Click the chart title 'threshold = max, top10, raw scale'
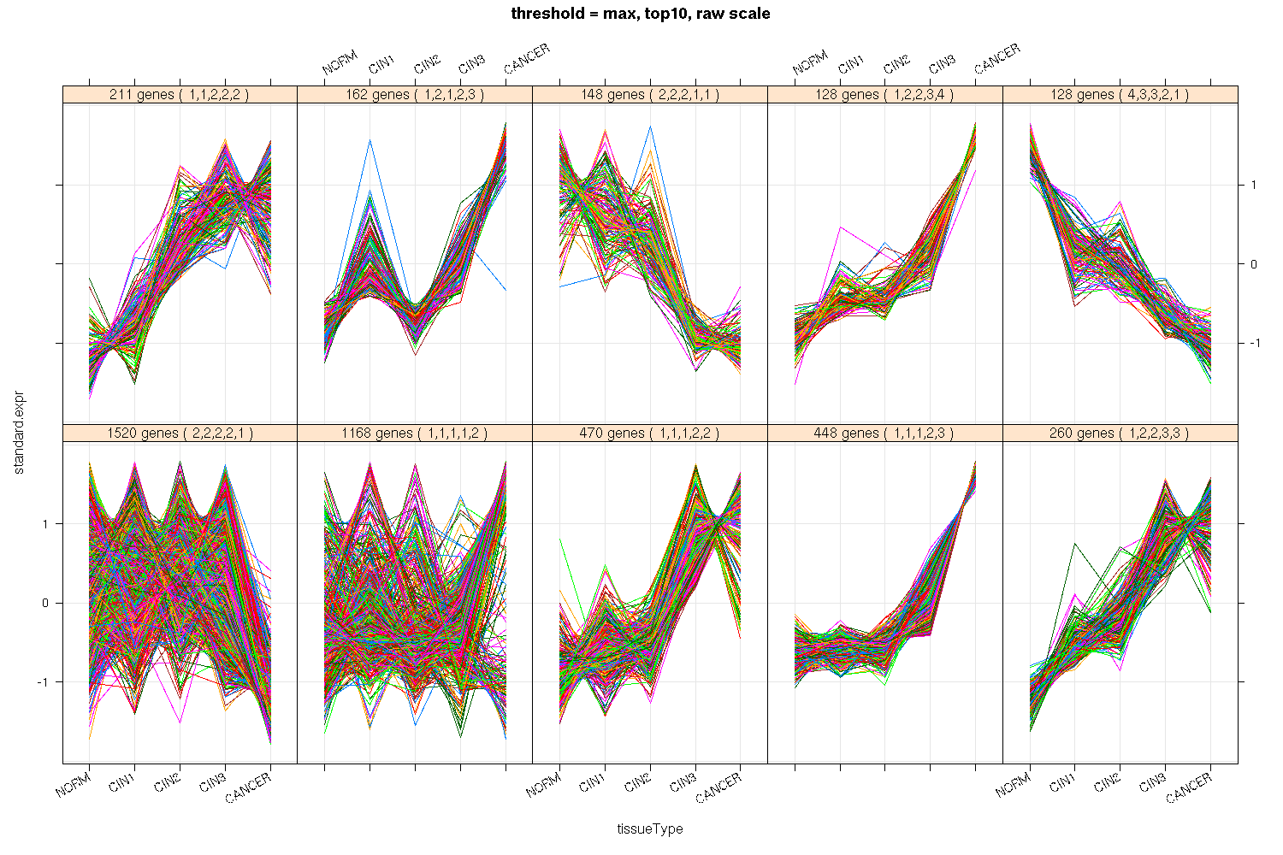tap(641, 14)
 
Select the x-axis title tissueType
tap(650, 828)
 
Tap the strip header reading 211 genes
tap(180, 95)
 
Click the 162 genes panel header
tap(415, 95)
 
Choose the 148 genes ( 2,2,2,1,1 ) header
tap(650, 95)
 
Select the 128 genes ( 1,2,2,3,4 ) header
tap(885, 95)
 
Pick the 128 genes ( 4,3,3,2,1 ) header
tap(1120, 95)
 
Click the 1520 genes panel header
tap(180, 433)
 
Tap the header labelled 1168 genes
tap(415, 433)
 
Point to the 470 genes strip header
tap(650, 433)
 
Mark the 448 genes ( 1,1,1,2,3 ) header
tap(885, 433)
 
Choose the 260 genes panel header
tap(1120, 433)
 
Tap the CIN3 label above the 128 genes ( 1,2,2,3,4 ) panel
tap(943, 64)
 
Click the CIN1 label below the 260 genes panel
tap(1063, 783)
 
